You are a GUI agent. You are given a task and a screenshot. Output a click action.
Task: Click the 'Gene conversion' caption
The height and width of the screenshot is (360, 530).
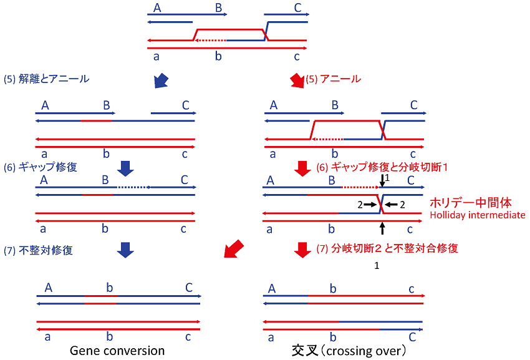click(117, 351)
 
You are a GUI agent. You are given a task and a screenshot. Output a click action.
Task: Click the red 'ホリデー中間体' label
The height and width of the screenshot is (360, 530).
click(471, 203)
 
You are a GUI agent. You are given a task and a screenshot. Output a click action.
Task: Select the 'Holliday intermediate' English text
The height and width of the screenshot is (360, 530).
click(478, 215)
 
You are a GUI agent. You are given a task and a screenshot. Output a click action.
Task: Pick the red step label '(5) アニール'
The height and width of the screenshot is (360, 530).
click(334, 79)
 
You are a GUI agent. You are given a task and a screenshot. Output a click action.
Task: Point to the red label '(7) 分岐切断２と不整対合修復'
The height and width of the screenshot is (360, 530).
click(387, 248)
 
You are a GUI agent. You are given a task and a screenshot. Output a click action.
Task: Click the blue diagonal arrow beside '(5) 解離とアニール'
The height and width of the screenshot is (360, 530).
click(160, 80)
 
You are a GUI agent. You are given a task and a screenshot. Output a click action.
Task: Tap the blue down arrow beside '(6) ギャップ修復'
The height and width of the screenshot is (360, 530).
click(126, 167)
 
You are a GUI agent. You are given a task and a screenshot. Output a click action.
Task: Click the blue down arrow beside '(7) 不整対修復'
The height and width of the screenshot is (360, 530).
click(126, 250)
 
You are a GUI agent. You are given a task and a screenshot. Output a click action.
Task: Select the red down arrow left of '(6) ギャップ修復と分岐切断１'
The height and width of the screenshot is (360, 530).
click(302, 167)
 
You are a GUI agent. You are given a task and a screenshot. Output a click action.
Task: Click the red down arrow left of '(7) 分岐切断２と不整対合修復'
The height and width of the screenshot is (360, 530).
click(302, 249)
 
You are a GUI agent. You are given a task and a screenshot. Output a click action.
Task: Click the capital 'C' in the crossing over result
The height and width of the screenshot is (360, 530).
click(412, 337)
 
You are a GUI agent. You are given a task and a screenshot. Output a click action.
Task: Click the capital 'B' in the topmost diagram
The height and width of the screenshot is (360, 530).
click(218, 8)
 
